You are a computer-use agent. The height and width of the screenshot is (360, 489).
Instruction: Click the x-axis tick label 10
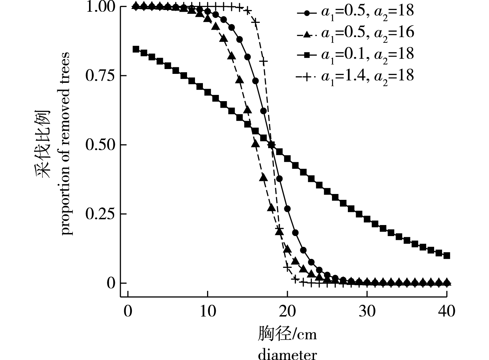coord(207,312)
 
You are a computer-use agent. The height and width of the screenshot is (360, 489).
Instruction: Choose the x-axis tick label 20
coord(287,312)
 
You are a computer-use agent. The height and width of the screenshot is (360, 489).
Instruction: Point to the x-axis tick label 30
coord(367,312)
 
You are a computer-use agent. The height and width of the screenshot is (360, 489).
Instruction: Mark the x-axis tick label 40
coord(447,312)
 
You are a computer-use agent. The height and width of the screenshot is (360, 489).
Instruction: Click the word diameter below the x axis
coord(287,354)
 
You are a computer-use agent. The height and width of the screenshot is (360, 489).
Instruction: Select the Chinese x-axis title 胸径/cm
coord(287,334)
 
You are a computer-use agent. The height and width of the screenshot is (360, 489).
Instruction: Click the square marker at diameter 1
coord(136,49)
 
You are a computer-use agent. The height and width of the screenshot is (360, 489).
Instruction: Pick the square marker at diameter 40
coord(447,256)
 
